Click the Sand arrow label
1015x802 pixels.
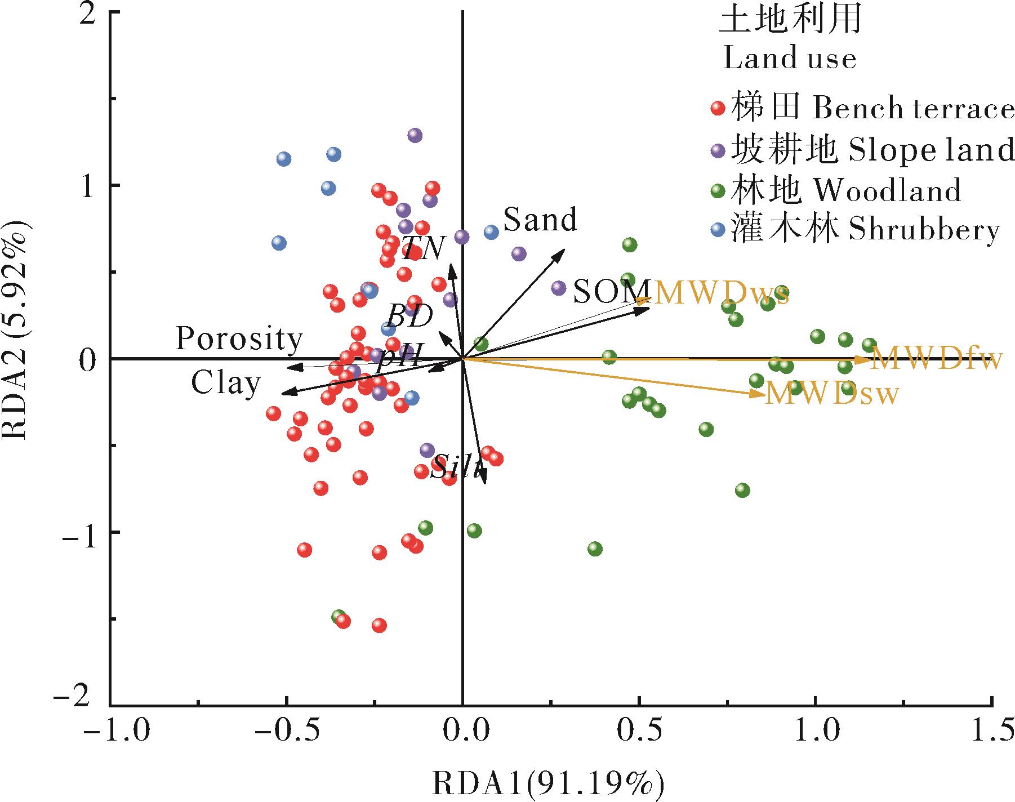pos(540,220)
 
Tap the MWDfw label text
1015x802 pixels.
pos(937,359)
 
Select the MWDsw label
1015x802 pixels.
pos(831,394)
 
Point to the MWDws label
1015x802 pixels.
pos(721,293)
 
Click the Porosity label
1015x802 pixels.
pos(239,340)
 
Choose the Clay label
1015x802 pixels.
pos(225,384)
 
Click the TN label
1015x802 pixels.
pos(424,248)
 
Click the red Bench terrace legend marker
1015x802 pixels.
pos(718,108)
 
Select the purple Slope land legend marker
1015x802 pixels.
pos(718,150)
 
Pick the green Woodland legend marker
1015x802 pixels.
pos(718,191)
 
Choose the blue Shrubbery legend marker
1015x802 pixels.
pos(718,230)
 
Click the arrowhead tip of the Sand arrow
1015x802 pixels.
pos(564,249)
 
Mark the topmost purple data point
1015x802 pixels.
pos(415,135)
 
